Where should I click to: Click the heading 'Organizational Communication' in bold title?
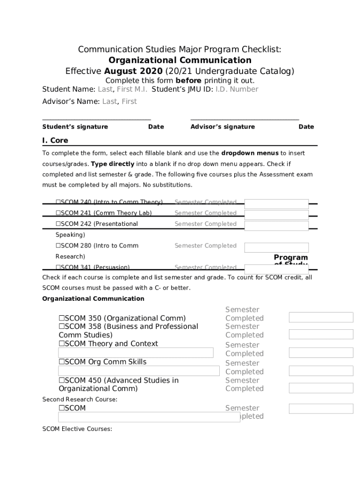180,60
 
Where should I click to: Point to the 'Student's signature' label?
75,127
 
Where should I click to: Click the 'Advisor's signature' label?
223,127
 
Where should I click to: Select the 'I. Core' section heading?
55,140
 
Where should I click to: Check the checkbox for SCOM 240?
58,202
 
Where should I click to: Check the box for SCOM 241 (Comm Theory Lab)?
58,213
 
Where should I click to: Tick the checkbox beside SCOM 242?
58,224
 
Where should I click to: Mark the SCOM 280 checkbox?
58,246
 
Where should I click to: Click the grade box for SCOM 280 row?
276,247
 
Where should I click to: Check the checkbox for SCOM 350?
62,318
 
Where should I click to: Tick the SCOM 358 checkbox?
62,327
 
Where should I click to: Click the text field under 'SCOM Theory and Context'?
136,353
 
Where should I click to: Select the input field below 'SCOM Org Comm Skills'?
138,371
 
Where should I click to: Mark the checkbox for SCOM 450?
62,380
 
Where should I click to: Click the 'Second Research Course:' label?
80,399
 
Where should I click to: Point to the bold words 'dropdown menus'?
250,153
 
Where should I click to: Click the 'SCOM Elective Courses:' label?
77,429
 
